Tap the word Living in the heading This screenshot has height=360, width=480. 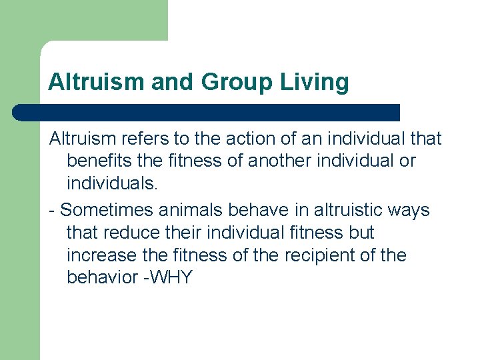click(x=315, y=82)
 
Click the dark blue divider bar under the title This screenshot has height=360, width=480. click(x=207, y=112)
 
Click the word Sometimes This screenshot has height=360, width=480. click(x=107, y=210)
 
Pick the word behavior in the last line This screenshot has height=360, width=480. click(x=103, y=278)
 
